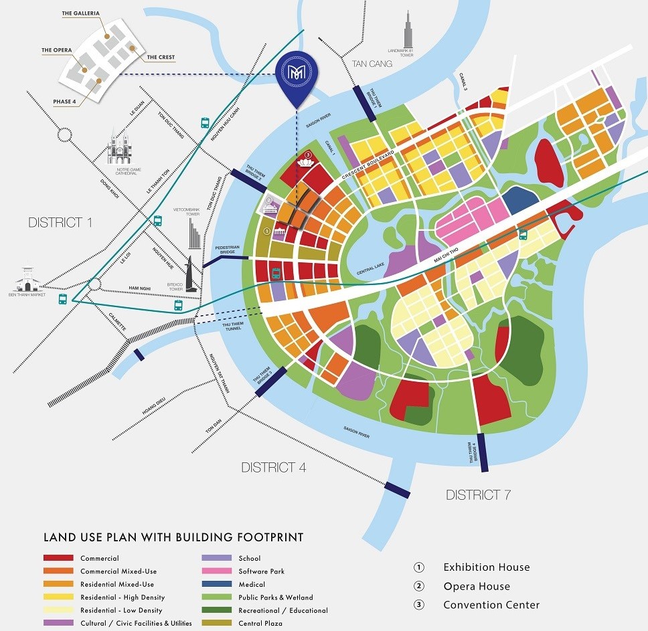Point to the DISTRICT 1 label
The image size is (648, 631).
click(x=60, y=222)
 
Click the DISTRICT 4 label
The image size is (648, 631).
click(x=274, y=467)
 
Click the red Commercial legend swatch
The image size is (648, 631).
click(x=58, y=558)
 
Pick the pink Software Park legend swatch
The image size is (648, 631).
click(x=216, y=571)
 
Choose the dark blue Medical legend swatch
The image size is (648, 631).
click(x=216, y=584)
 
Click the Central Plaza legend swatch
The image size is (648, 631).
click(x=216, y=623)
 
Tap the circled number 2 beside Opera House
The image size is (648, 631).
click(x=419, y=586)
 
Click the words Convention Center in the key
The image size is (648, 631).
click(x=491, y=605)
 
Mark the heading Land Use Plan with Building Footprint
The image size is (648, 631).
click(x=173, y=537)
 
